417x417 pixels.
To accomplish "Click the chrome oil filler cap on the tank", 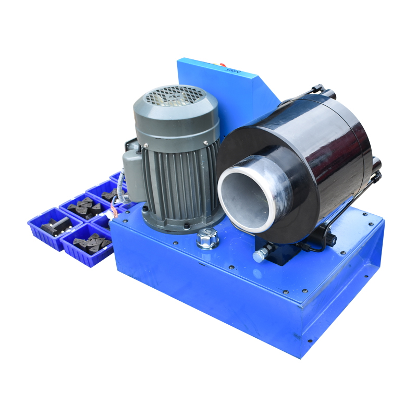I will (x=207, y=240).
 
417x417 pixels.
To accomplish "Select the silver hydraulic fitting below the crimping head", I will (x=260, y=254).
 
